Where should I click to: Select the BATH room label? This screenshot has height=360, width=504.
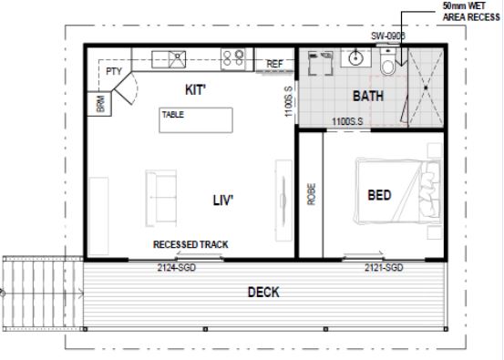pyautogui.click(x=369, y=95)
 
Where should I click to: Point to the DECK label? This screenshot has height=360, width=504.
pyautogui.click(x=263, y=293)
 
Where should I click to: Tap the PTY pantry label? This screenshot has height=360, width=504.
pyautogui.click(x=114, y=71)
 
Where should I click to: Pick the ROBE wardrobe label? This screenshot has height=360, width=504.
pyautogui.click(x=312, y=197)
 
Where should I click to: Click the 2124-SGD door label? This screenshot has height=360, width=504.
pyautogui.click(x=177, y=267)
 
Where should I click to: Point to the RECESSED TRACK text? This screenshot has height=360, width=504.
pyautogui.click(x=190, y=245)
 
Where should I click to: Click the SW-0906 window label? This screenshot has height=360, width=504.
pyautogui.click(x=387, y=36)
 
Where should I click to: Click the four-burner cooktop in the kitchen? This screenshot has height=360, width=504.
pyautogui.click(x=232, y=60)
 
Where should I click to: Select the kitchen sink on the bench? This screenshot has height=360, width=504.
pyautogui.click(x=173, y=60)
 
